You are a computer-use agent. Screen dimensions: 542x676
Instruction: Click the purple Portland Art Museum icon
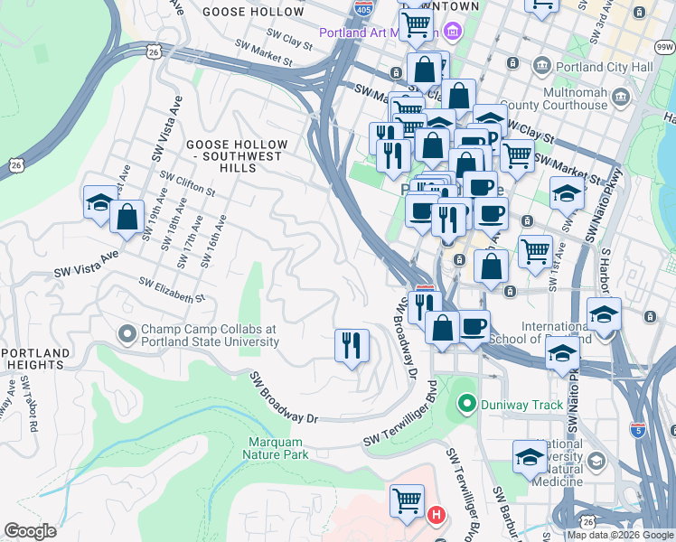pyautogui.click(x=453, y=33)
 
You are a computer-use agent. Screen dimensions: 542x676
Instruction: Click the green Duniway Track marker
pyautogui.click(x=467, y=404)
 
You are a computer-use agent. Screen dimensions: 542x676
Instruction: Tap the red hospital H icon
pyautogui.click(x=436, y=517)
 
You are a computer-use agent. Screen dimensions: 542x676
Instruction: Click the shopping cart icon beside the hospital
pyautogui.click(x=407, y=500)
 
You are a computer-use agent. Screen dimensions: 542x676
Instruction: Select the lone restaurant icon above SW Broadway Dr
pyautogui.click(x=352, y=344)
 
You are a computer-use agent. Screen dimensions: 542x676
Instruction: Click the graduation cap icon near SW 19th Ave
pyautogui.click(x=99, y=202)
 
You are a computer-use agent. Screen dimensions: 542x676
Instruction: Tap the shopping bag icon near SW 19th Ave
pyautogui.click(x=127, y=217)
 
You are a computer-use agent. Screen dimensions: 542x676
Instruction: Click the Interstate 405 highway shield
pyautogui.click(x=363, y=10)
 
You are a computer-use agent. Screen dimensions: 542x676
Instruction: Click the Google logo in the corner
pyautogui.click(x=30, y=531)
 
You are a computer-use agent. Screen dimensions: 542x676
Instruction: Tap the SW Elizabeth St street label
pyautogui.click(x=173, y=290)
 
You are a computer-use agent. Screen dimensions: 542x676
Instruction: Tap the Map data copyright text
pyautogui.click(x=619, y=535)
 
